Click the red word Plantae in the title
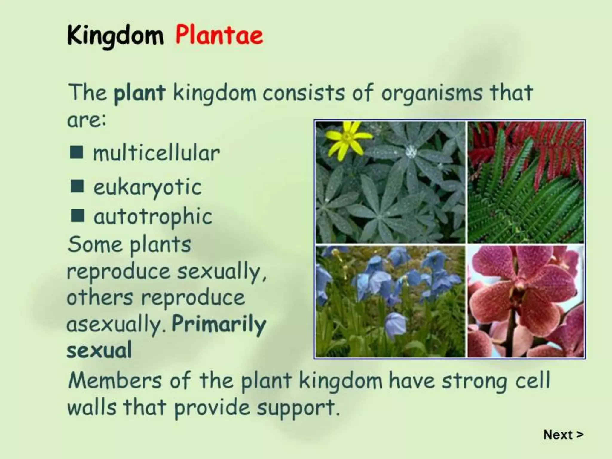click(x=219, y=35)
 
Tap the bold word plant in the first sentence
click(x=139, y=93)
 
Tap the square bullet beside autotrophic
click(x=77, y=216)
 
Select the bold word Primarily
click(x=219, y=325)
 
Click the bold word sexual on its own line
click(x=99, y=350)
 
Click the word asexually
click(x=117, y=325)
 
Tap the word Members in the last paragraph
click(x=115, y=381)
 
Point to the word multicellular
click(x=156, y=153)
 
